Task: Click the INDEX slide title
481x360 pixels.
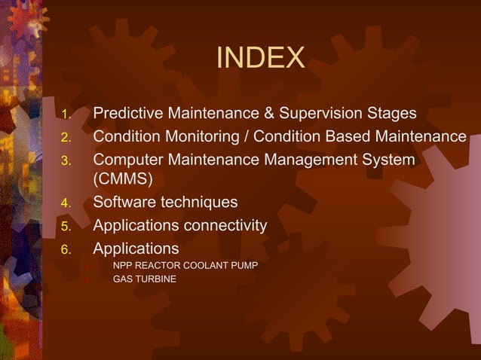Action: (260, 58)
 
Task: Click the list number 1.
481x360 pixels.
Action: (66, 115)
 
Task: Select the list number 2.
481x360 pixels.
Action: (66, 138)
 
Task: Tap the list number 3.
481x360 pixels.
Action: (66, 160)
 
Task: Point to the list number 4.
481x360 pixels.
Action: (66, 203)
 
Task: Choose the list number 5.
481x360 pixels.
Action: (66, 226)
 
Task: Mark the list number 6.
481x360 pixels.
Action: (66, 249)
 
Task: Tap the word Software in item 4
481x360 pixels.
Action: (123, 202)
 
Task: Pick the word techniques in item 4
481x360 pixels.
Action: (198, 203)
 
